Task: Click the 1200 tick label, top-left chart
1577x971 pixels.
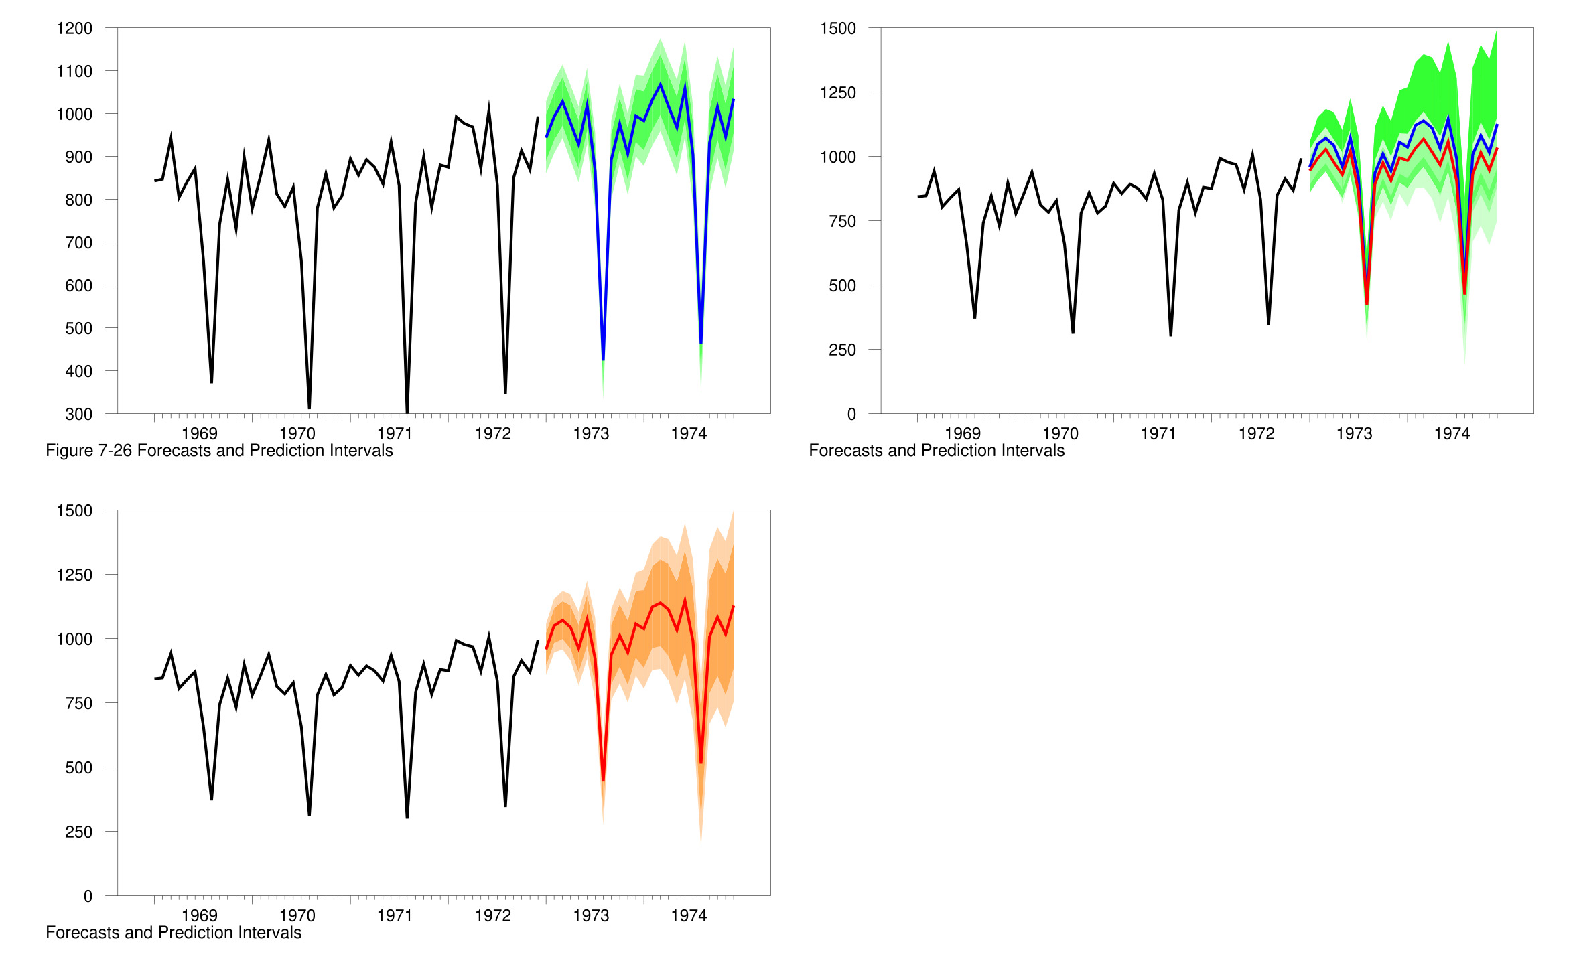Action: (74, 29)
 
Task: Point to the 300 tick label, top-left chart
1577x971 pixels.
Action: (78, 415)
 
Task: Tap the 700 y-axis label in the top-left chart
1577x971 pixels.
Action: (78, 243)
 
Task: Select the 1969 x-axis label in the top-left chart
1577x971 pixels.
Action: (200, 434)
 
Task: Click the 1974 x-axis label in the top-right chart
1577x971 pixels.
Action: (1452, 434)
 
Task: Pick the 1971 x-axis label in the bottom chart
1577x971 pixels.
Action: (395, 916)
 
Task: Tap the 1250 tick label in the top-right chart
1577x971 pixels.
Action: (837, 93)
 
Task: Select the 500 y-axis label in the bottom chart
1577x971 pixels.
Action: (78, 768)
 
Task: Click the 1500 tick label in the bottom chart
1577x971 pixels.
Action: (74, 511)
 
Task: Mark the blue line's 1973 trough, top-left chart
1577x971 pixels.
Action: (603, 360)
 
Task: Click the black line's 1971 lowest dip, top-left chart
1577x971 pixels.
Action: (407, 411)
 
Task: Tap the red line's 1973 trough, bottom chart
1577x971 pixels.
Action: (603, 780)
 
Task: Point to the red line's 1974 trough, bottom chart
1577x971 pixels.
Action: (701, 763)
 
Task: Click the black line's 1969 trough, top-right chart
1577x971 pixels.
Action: (975, 317)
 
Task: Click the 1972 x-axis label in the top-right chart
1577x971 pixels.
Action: (1256, 434)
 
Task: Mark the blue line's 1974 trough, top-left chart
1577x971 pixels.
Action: (701, 343)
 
